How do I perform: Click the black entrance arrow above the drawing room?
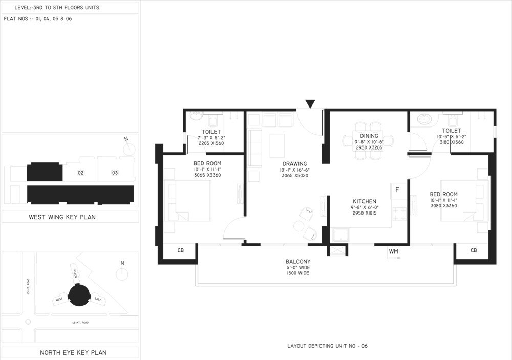(x=310, y=104)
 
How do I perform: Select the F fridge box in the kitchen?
(x=397, y=189)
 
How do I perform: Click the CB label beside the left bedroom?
(x=180, y=250)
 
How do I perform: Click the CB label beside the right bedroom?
(x=473, y=250)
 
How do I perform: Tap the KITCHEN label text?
(x=365, y=201)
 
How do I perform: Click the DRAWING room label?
(x=294, y=164)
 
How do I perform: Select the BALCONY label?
(x=298, y=262)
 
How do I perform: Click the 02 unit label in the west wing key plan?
(x=80, y=173)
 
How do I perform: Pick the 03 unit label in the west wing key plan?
(x=115, y=173)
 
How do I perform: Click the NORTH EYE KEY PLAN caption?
(x=73, y=352)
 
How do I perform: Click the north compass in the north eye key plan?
(x=121, y=273)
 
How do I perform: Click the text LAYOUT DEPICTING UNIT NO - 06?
(x=327, y=346)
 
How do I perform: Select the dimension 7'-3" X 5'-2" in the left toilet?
(x=211, y=138)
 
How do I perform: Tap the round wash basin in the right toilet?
(x=424, y=119)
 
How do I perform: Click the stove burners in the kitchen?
(x=399, y=215)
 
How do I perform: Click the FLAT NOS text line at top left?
(x=37, y=19)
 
